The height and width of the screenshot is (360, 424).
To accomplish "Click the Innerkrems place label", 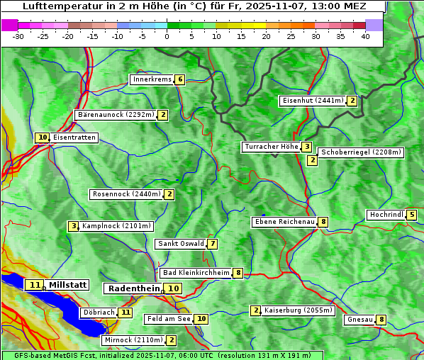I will click(152, 79).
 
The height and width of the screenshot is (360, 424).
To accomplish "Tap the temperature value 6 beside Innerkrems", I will click(180, 79).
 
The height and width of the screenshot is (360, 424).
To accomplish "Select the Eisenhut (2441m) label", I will click(313, 101).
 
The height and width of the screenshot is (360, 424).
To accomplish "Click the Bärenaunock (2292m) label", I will click(115, 114).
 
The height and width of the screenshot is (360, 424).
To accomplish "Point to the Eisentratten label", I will click(74, 137).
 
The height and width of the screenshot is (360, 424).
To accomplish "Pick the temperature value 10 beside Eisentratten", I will click(43, 137).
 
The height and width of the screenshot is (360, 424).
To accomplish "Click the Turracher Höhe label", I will click(271, 147).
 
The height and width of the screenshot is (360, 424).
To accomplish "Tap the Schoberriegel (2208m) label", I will click(361, 152).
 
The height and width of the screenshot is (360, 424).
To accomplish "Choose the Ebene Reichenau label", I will click(284, 222).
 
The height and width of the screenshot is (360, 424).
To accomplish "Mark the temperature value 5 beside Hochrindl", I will click(412, 215).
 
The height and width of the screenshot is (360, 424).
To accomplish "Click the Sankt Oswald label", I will click(180, 244).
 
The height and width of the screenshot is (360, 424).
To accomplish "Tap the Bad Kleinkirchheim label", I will click(196, 273).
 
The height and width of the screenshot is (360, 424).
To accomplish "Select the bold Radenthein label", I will click(134, 288).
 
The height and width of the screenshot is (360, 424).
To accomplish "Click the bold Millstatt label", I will click(68, 285).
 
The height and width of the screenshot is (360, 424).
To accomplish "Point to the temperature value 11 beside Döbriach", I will click(125, 312).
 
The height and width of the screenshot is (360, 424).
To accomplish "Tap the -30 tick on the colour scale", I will click(18, 36).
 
